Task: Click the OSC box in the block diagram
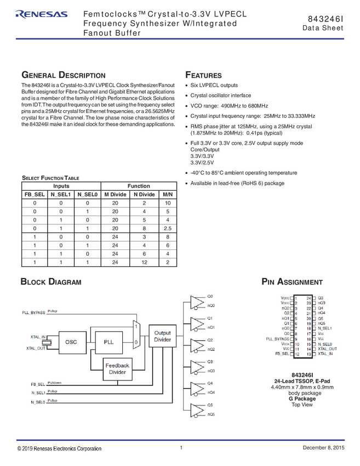71,342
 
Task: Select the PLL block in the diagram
109,342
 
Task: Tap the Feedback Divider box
117,369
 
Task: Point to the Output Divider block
162,336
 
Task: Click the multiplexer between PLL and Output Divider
136,334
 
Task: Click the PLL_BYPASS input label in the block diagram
34,312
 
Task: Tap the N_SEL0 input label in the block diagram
38,402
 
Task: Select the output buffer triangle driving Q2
196,344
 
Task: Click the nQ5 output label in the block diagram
211,414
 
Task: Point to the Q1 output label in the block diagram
210,318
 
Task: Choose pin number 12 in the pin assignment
296,354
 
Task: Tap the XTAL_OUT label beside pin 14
328,349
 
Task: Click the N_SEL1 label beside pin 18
325,328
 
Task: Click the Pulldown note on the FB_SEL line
55,382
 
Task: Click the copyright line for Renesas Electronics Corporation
60,449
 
